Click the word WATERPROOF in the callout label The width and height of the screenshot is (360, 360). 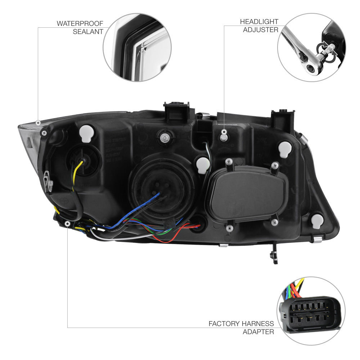point(80,24)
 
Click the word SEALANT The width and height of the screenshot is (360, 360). point(88,32)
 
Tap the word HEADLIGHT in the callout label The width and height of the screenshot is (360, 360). point(259,22)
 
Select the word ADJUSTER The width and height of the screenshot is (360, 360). point(261,30)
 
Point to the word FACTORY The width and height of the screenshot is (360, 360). point(224,324)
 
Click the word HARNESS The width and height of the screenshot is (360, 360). point(257,324)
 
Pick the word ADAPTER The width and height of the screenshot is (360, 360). point(258,332)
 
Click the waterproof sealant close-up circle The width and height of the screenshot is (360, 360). point(137,48)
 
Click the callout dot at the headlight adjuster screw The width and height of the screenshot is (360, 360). point(224,132)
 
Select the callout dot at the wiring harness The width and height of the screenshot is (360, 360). point(68,224)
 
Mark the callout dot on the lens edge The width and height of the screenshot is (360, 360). point(38,123)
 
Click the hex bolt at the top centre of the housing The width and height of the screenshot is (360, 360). point(165,138)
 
